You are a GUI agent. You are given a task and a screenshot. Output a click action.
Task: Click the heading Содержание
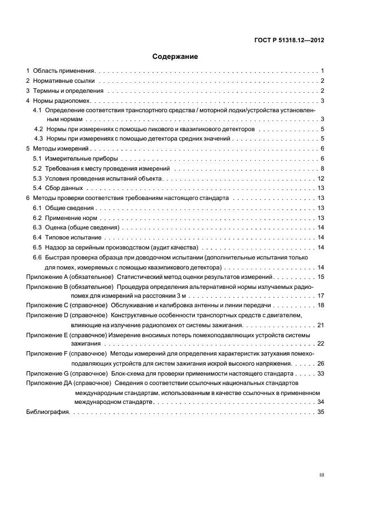(x=175, y=56)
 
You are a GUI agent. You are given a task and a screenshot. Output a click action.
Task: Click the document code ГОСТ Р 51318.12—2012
(x=290, y=40)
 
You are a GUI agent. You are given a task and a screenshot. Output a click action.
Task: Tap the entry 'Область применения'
(x=65, y=71)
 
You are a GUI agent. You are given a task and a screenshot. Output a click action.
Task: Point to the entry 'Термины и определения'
(x=68, y=91)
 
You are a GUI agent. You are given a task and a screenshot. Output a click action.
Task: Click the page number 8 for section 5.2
(x=322, y=168)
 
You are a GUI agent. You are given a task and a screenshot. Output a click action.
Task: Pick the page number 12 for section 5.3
(x=321, y=178)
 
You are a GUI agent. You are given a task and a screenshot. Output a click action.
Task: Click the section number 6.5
(x=37, y=247)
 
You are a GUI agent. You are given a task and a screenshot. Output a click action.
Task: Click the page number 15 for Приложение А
(x=321, y=277)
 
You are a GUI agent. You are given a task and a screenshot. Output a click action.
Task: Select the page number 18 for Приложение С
(x=321, y=306)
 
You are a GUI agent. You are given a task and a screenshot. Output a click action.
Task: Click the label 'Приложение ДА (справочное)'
(x=70, y=383)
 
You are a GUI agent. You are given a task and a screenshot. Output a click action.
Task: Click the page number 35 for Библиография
(x=321, y=412)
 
